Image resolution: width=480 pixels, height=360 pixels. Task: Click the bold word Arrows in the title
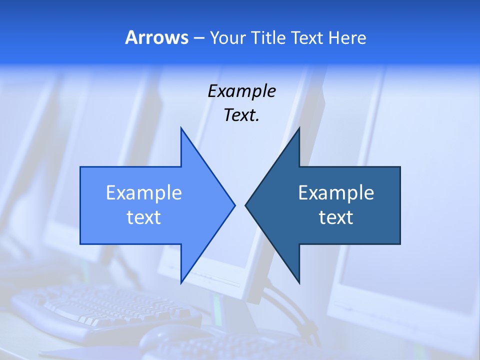click(156, 37)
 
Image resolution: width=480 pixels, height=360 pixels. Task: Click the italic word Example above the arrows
click(241, 91)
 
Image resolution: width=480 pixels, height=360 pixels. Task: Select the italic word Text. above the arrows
click(241, 115)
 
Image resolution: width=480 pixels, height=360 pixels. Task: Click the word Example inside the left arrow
click(144, 193)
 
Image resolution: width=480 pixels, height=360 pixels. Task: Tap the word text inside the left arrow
click(144, 217)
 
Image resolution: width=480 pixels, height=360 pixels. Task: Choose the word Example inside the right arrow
click(336, 193)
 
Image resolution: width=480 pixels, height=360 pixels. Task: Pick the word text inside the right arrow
click(336, 217)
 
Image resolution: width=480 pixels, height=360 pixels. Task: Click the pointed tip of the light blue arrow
click(234, 205)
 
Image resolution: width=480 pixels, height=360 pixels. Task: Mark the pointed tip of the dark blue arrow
click(245, 205)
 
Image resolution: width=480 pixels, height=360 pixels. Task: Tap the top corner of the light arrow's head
click(181, 128)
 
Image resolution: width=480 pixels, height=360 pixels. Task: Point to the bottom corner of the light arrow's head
click(181, 282)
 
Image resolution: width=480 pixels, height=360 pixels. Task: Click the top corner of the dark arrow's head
click(299, 128)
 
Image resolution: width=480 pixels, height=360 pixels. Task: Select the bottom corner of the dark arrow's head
click(299, 282)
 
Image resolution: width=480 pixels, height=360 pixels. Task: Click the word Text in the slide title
click(307, 37)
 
